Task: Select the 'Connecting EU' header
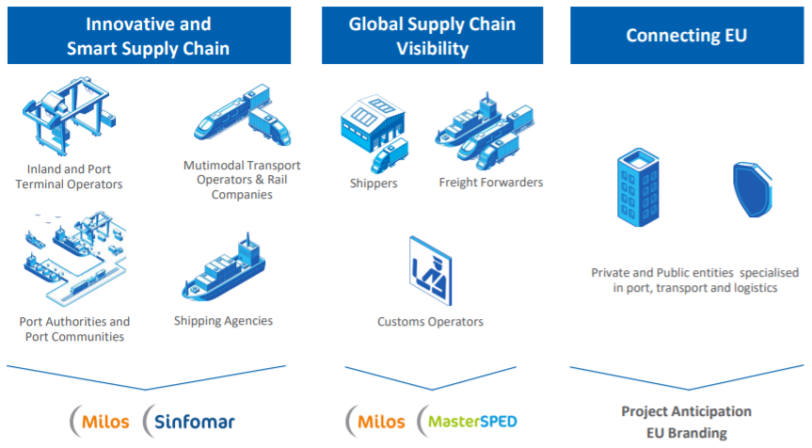(x=687, y=36)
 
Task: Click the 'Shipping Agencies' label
(x=223, y=321)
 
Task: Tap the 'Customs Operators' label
(x=430, y=322)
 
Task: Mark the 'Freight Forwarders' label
(x=490, y=183)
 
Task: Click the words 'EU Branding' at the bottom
(x=686, y=433)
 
